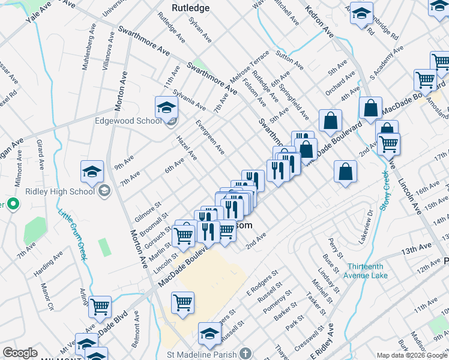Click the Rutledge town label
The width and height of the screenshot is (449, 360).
(190, 8)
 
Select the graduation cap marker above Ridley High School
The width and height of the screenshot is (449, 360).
(92, 172)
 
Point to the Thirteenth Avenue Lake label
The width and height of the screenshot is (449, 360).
(366, 271)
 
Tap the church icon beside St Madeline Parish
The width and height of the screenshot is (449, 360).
(245, 354)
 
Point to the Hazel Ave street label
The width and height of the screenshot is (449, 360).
(187, 147)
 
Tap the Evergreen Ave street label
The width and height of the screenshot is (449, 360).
(210, 137)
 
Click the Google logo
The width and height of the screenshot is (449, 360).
(20, 353)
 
